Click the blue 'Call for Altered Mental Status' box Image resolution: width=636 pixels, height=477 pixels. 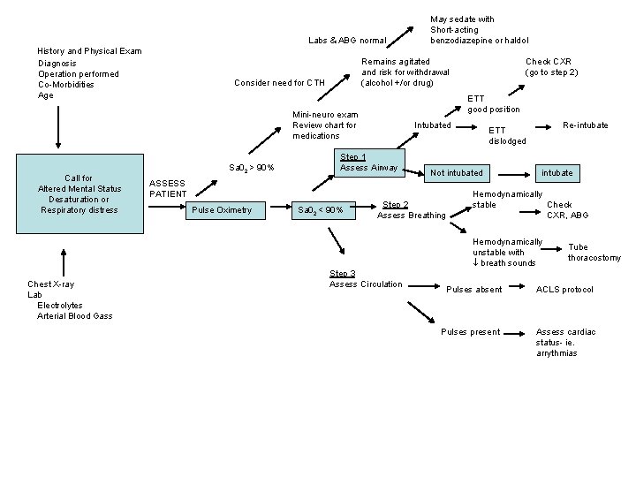coord(79,194)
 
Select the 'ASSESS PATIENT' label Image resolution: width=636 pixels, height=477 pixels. coord(168,188)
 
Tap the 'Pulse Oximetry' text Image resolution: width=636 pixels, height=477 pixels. coord(222,209)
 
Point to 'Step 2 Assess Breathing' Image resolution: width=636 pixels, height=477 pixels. coord(412,209)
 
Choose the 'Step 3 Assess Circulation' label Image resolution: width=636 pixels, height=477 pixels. coord(366,279)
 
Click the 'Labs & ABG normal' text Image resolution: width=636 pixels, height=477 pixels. coord(347,41)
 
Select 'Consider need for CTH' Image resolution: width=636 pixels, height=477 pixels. coord(279,83)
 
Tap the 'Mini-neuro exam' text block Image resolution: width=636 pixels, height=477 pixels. coord(325,125)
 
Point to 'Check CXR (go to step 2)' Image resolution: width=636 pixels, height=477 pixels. coord(551,67)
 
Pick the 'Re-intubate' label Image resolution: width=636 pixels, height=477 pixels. coord(586,125)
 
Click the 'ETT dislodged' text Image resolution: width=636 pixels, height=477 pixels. coord(507,135)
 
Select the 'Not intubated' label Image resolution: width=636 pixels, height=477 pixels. coord(456,173)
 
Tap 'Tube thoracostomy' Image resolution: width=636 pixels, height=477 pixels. coord(594,253)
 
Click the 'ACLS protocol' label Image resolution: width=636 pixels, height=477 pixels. coord(564,290)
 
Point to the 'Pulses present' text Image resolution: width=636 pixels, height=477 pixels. coord(470,332)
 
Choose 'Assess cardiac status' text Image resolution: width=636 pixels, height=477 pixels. coord(565,342)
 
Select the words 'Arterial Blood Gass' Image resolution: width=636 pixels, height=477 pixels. coord(74,315)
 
